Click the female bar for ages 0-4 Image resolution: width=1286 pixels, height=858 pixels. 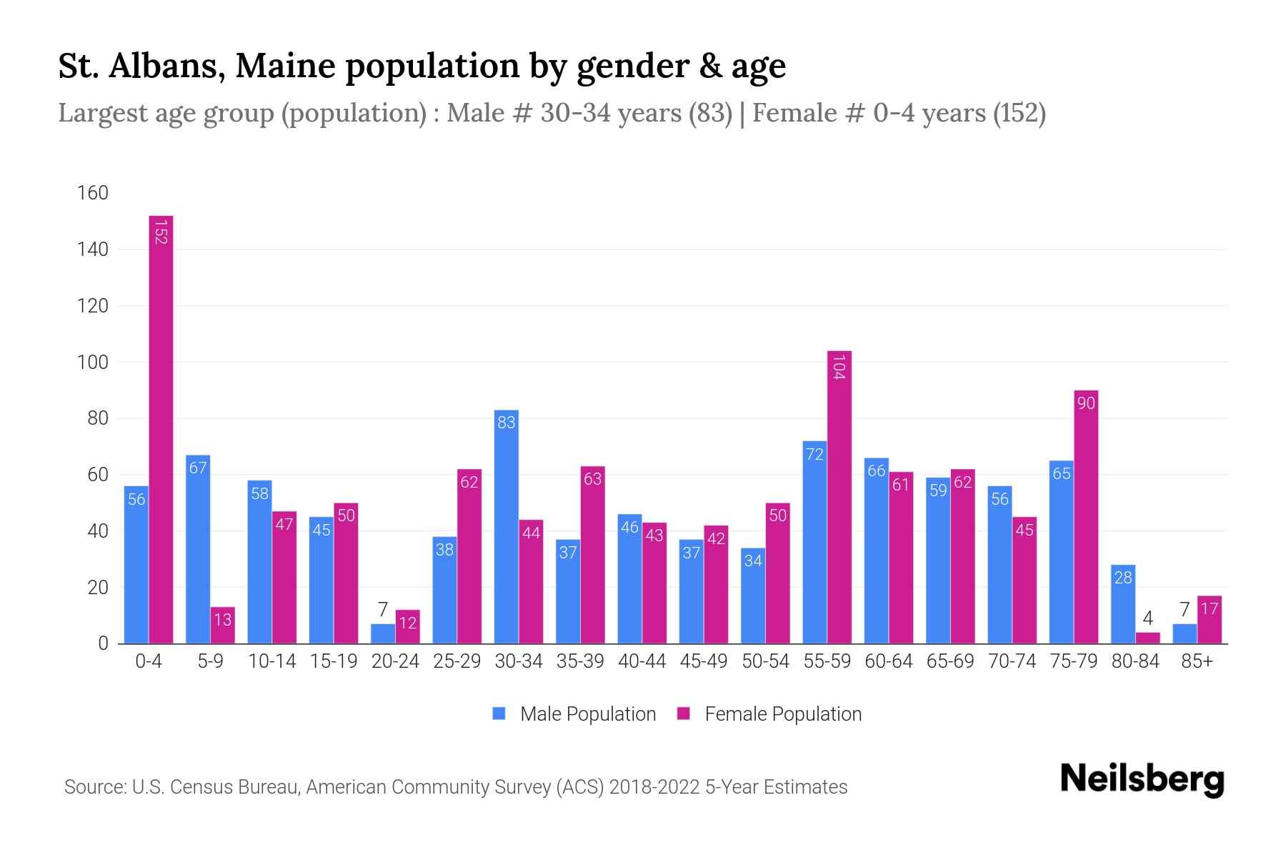click(x=161, y=429)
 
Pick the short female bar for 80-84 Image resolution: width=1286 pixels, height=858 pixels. click(x=1147, y=638)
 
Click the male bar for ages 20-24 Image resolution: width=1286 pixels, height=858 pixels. click(x=383, y=633)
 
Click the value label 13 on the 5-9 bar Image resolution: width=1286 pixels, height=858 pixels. click(x=223, y=619)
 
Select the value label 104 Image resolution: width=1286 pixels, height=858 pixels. click(x=839, y=367)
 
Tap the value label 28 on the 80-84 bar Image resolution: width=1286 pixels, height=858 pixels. click(x=1123, y=577)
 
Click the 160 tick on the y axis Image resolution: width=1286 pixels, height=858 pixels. click(x=93, y=193)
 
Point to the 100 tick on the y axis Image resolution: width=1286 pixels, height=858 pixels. click(x=93, y=363)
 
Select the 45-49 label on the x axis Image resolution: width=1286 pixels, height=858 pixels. click(x=704, y=661)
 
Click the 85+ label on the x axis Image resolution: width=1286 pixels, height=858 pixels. click(x=1197, y=661)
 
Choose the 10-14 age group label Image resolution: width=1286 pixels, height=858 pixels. click(x=271, y=661)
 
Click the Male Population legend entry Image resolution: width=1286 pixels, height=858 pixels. click(x=587, y=714)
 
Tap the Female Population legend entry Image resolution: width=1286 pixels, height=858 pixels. click(x=782, y=714)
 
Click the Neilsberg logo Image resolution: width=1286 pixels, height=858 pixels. click(x=1142, y=779)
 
